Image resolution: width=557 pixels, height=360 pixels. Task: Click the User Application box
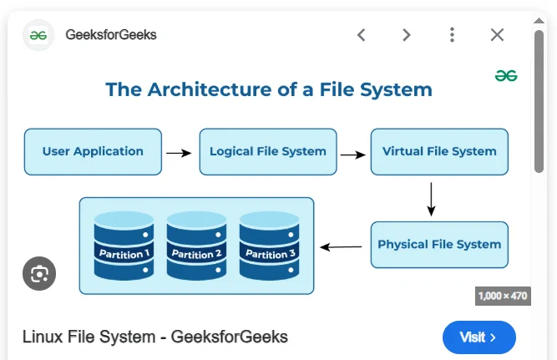93,152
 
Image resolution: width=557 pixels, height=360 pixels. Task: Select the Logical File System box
268,152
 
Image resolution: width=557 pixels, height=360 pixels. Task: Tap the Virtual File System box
439,152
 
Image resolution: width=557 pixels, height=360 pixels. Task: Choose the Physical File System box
439,245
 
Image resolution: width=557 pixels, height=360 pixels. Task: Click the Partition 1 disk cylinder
124,246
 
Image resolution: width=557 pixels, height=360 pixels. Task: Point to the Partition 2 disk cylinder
196,246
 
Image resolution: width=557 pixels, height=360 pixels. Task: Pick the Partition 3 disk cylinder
269,246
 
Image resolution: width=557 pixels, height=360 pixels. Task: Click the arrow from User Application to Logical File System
179,153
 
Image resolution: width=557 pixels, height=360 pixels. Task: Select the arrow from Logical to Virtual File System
352,155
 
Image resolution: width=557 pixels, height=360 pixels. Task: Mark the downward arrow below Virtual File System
431,200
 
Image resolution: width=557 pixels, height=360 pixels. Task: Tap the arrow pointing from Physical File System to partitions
341,247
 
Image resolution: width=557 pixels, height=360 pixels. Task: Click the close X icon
497,35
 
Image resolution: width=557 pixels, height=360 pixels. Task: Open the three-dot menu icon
452,35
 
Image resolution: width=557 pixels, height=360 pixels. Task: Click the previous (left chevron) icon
362,35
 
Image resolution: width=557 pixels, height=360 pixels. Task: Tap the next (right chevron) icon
407,35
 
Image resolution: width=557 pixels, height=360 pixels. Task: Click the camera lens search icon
39,274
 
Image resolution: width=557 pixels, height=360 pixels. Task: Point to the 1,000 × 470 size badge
503,296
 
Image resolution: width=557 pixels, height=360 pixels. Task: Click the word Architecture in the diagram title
210,89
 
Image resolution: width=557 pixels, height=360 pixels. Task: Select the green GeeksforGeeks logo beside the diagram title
506,76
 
